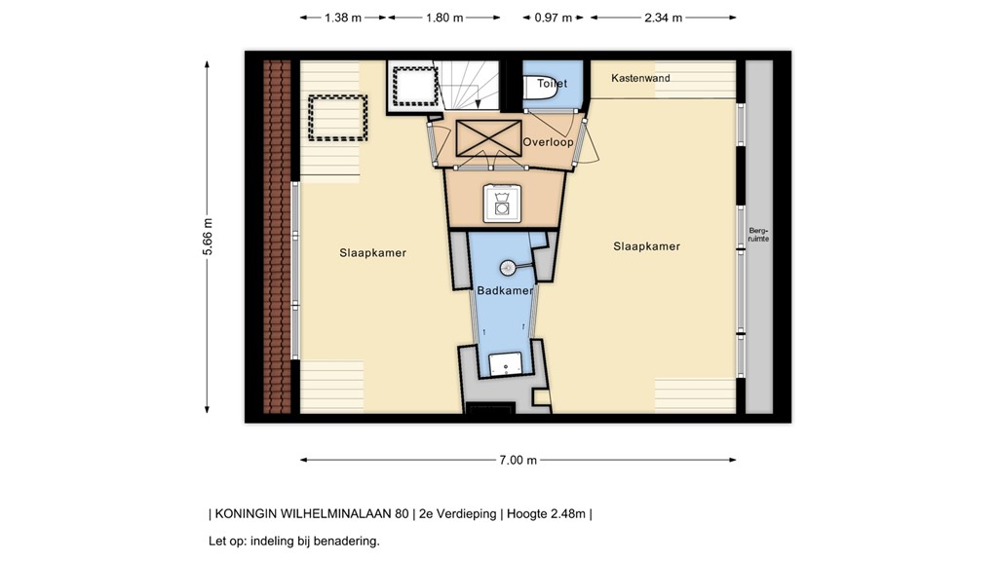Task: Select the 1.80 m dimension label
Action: [x=444, y=18]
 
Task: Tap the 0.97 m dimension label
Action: [x=554, y=18]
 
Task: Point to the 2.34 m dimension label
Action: [x=663, y=18]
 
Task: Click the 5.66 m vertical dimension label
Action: [x=207, y=237]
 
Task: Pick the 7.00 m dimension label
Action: [x=518, y=461]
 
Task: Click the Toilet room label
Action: [x=552, y=85]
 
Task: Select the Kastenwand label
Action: [x=640, y=78]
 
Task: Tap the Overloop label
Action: [x=548, y=142]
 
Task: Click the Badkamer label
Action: [x=505, y=290]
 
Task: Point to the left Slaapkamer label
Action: [x=372, y=253]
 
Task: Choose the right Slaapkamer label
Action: [x=646, y=246]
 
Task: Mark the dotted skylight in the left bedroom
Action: [x=337, y=118]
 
